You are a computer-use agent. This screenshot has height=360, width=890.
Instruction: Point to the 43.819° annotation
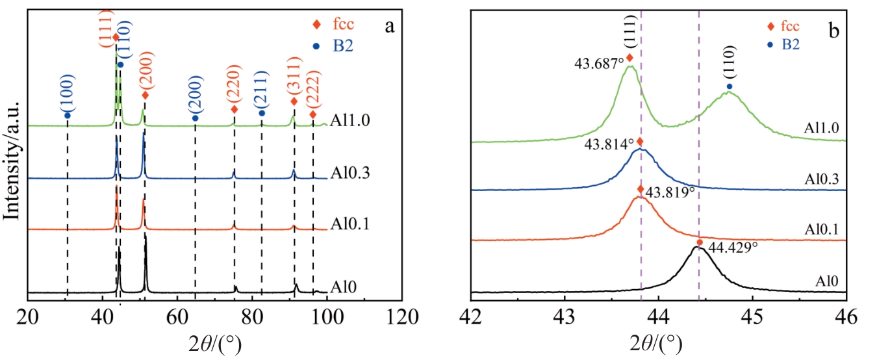click(669, 193)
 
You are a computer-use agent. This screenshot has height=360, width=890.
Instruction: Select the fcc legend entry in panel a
click(338, 25)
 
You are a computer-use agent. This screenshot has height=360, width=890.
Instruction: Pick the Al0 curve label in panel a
click(343, 286)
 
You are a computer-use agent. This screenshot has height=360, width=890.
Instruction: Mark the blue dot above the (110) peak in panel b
click(729, 86)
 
